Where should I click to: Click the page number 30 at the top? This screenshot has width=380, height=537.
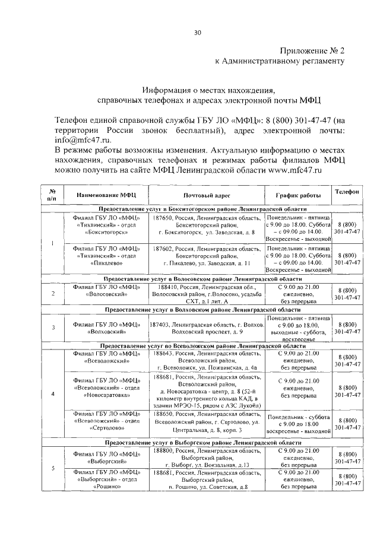[x=197, y=32]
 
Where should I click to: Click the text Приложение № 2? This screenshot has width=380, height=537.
[x=311, y=52]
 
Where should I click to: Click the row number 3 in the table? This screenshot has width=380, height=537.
[x=53, y=327]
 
